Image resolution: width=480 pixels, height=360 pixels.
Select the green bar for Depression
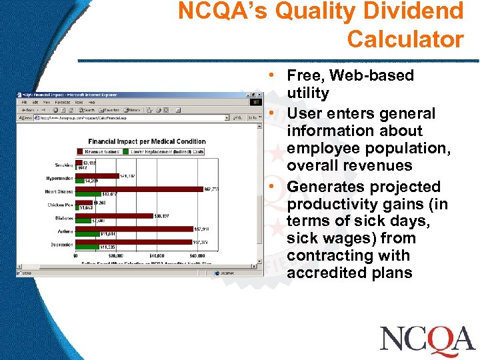(x=87, y=247)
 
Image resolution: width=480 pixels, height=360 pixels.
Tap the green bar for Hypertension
(x=80, y=181)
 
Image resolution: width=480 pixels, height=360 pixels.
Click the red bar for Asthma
(x=133, y=229)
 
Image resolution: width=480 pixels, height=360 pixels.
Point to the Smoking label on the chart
(x=65, y=165)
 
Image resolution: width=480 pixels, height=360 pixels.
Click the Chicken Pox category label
(x=61, y=204)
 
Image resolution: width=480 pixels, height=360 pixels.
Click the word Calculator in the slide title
(x=405, y=39)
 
